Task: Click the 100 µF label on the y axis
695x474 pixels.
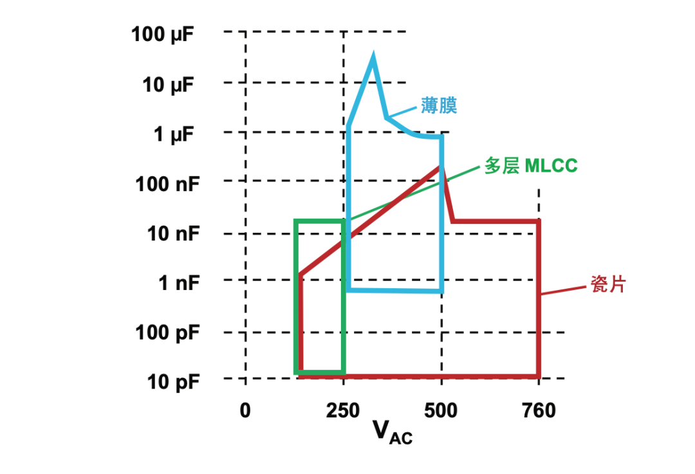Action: coord(162,33)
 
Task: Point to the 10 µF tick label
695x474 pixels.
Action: coord(167,84)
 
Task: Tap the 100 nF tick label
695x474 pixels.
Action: coord(167,185)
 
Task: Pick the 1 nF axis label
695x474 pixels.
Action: coord(178,282)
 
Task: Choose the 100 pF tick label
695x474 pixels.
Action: coord(167,333)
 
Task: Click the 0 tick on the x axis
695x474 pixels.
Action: coord(245,411)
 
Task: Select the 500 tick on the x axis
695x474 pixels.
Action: coord(442,411)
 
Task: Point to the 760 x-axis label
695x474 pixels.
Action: coord(538,411)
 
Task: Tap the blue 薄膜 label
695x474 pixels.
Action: coord(439,105)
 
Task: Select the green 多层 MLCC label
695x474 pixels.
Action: coord(532,165)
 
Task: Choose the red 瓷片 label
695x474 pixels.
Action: coord(607,285)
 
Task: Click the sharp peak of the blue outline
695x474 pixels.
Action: coord(373,57)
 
